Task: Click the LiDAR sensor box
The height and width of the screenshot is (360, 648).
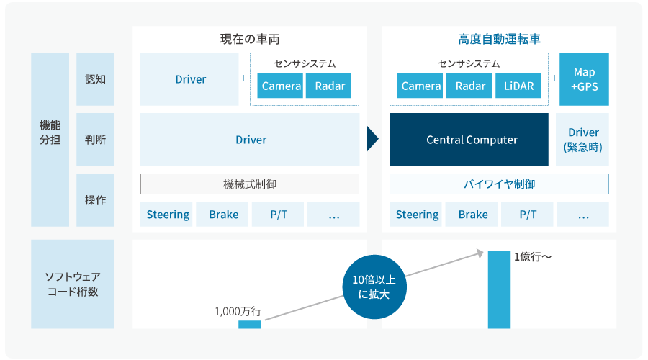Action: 518,86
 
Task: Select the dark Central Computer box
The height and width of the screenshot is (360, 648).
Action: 469,140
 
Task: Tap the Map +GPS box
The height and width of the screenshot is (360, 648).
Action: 584,79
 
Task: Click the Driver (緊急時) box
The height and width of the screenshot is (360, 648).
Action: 582,140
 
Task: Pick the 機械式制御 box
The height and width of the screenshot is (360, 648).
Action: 250,184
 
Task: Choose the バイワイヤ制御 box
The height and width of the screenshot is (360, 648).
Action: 499,184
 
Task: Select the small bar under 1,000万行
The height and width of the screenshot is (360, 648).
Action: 250,325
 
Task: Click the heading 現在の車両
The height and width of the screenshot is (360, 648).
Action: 250,39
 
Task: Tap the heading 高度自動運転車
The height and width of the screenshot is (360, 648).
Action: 499,39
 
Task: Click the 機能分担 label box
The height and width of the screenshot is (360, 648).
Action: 50,140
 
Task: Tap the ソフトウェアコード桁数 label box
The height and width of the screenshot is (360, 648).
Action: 73,284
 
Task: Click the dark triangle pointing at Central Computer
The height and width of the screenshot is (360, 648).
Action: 372,140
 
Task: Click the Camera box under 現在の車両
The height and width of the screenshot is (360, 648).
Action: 281,86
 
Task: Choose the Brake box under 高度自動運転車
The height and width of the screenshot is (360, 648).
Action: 473,215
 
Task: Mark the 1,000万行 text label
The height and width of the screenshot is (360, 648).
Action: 238,312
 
